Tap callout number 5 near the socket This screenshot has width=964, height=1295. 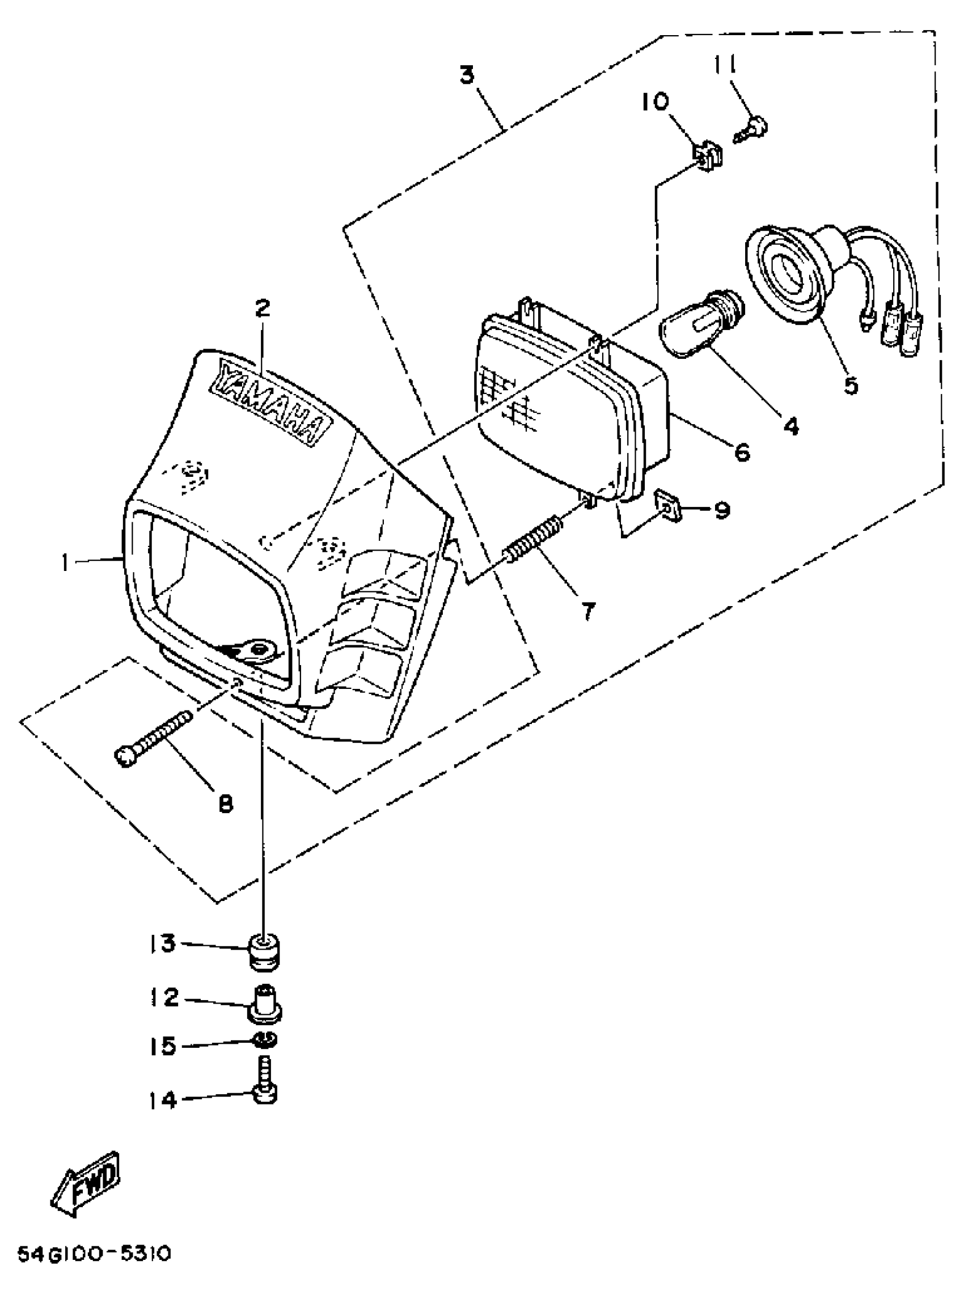(851, 386)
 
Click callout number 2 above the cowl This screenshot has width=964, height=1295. (263, 307)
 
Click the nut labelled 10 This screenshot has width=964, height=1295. (707, 156)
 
